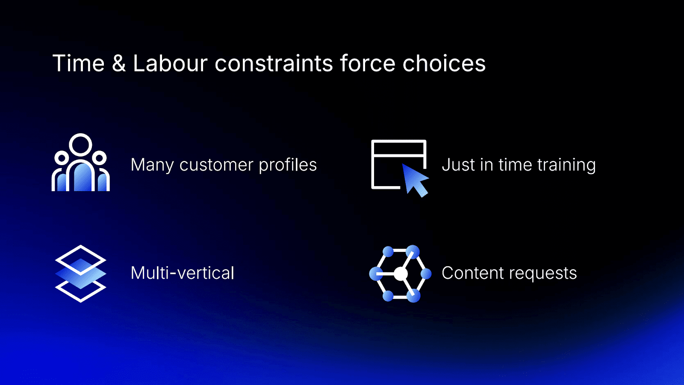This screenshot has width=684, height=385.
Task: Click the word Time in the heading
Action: coord(78,64)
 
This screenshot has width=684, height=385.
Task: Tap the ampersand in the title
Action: coord(118,64)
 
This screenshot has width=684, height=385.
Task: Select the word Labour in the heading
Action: coord(170,64)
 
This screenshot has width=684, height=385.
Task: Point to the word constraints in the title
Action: coord(274,64)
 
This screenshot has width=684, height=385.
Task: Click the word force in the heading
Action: coord(368,64)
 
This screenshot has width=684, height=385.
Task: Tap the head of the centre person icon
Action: coord(80,145)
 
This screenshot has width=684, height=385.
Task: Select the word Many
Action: coord(152,165)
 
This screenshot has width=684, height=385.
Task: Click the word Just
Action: coord(458,165)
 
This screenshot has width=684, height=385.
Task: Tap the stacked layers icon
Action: coord(80,273)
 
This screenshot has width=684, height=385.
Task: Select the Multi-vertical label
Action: coord(183,273)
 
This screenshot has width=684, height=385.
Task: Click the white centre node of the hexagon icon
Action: coord(401,274)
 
